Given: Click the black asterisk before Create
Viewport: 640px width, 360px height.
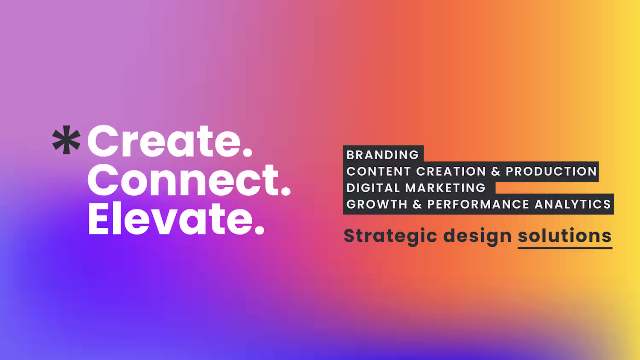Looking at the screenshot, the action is [66, 140].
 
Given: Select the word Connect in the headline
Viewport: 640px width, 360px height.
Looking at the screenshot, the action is [183, 180].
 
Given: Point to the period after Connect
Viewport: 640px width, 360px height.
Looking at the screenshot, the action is [286, 191].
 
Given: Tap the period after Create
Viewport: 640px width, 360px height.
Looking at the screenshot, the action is [247, 152].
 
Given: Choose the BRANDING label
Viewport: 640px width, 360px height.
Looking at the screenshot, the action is [383, 155].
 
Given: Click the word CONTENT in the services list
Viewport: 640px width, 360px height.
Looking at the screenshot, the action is [378, 171].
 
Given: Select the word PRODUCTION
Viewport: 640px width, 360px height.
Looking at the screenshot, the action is [551, 171].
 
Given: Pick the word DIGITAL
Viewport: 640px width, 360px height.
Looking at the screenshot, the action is [373, 188].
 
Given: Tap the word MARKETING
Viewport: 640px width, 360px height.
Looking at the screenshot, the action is [445, 188].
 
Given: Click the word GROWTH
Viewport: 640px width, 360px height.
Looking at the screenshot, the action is [377, 204].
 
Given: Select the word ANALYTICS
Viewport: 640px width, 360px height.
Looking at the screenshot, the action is [573, 204].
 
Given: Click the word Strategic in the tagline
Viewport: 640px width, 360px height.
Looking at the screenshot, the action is [390, 236].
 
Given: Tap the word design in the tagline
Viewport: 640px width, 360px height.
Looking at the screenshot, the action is [477, 236].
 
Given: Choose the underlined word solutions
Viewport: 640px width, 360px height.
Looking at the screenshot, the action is [564, 236].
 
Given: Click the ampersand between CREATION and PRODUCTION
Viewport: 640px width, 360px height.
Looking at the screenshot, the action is [496, 171].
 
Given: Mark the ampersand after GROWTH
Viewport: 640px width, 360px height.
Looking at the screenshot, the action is [417, 204].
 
